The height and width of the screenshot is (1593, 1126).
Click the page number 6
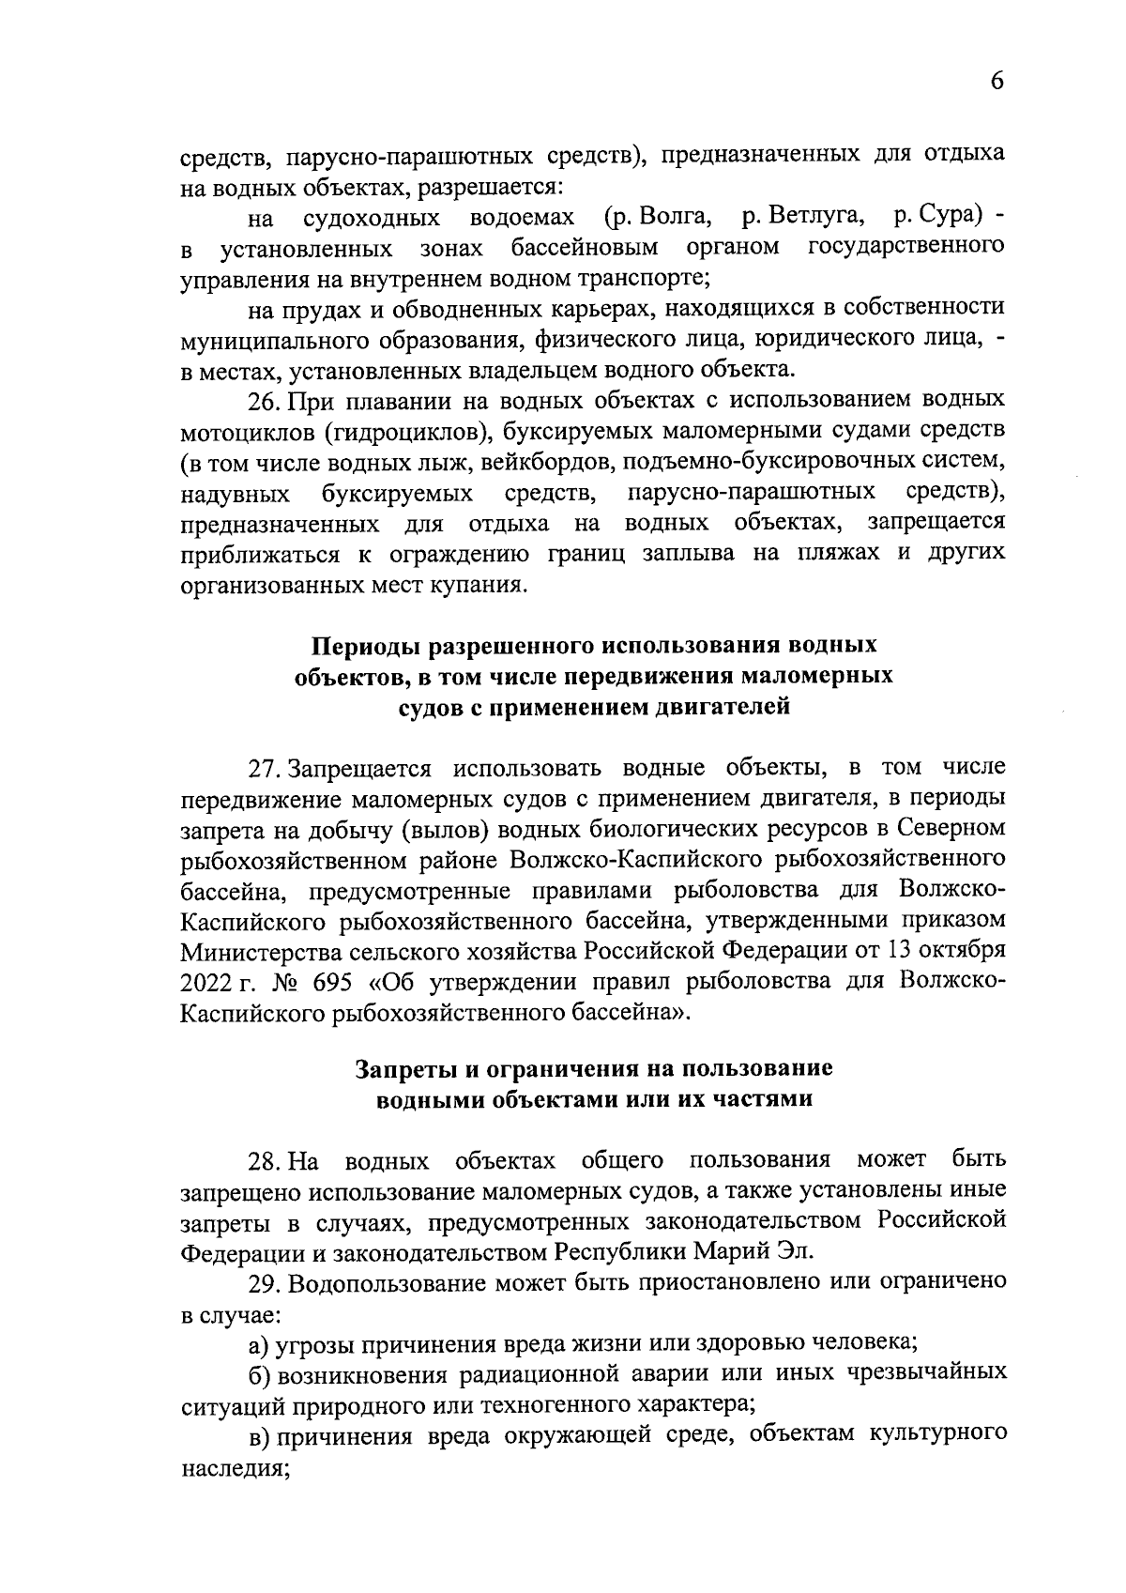(997, 81)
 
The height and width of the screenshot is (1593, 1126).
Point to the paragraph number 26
(263, 401)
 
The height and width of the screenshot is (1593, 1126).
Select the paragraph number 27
(263, 768)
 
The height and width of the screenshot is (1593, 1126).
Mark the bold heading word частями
(766, 1099)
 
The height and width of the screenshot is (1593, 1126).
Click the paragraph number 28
(263, 1161)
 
